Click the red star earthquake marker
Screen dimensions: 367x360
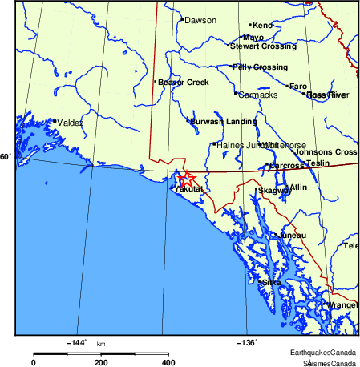(x=186, y=179)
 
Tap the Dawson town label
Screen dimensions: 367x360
(x=200, y=20)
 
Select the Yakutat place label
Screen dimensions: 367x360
(x=191, y=189)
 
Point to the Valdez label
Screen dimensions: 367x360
(x=71, y=123)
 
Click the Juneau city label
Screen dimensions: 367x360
(x=293, y=235)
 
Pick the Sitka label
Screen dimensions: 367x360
(x=271, y=282)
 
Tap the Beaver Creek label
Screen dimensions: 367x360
(x=183, y=82)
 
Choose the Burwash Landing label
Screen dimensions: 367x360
(x=224, y=121)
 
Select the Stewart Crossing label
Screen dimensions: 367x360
(x=263, y=46)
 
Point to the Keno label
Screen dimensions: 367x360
(x=263, y=26)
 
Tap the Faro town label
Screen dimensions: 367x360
(x=298, y=86)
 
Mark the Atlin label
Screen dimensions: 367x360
(x=298, y=188)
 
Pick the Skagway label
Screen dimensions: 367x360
(x=274, y=191)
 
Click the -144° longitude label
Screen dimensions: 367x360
(x=75, y=342)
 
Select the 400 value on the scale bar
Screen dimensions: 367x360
(x=168, y=362)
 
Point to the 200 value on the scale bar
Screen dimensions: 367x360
(x=101, y=362)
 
